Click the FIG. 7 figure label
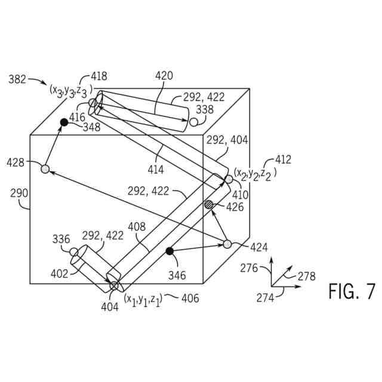pos(352,292)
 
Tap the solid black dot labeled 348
pos(64,122)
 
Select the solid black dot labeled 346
pos(170,251)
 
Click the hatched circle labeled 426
pos(209,205)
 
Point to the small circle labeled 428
pos(45,169)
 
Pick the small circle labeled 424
pos(227,244)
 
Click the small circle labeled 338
pos(194,122)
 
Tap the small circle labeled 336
pos(74,252)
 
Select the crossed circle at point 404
pos(113,286)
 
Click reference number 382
pos(17,79)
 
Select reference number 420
pos(164,76)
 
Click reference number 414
pos(156,170)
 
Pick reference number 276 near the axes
pos(249,269)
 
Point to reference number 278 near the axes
pos(306,276)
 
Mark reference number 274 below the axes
pos(265,296)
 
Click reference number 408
pos(137,227)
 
